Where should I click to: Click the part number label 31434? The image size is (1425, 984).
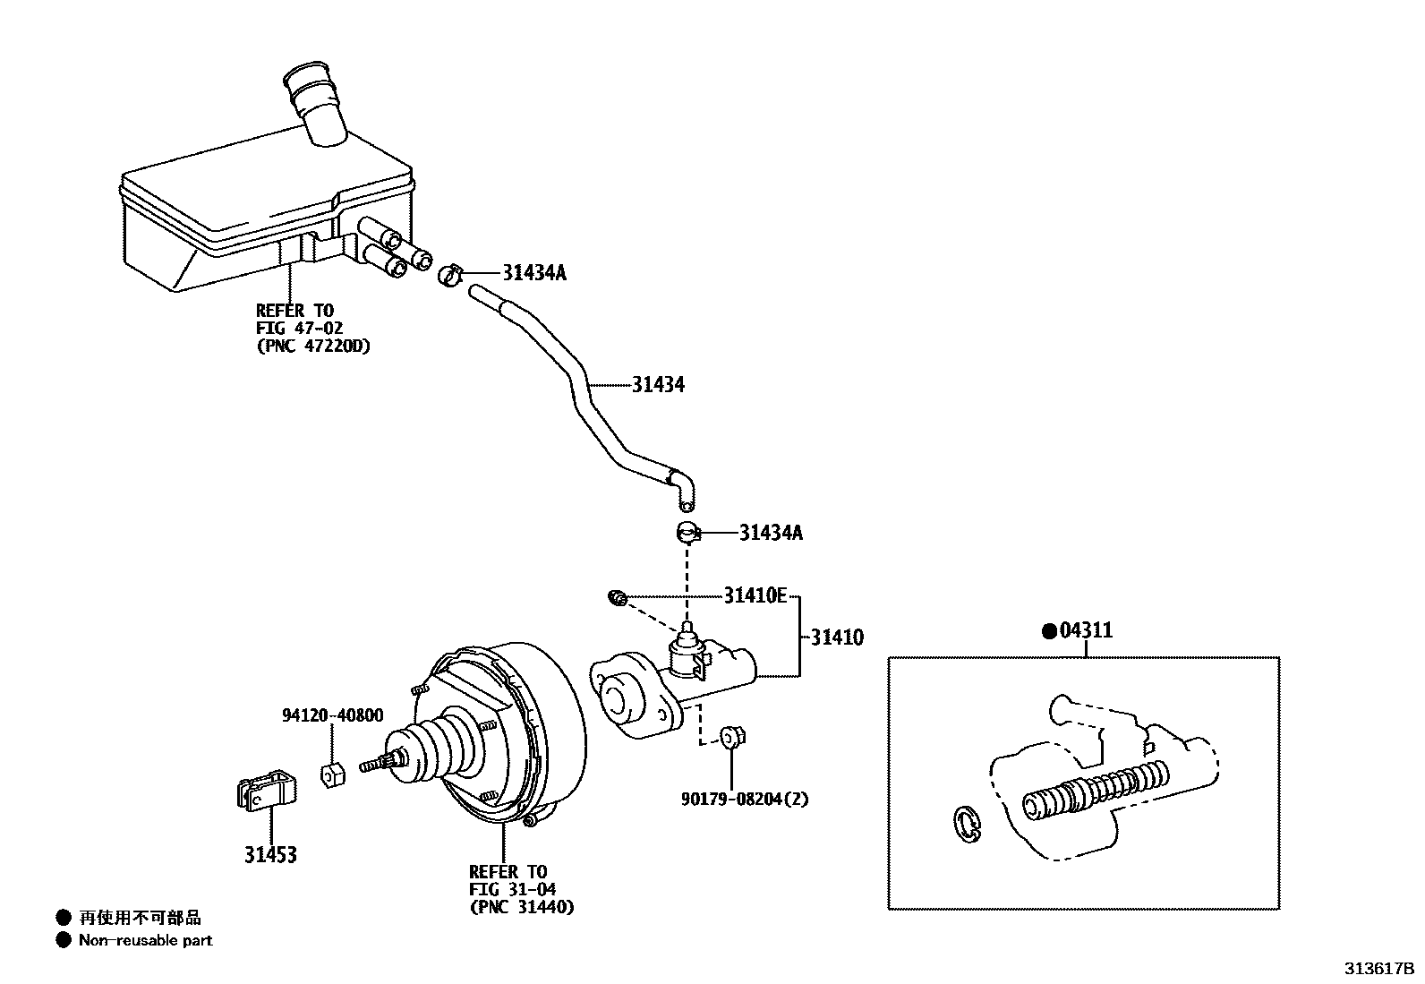(658, 385)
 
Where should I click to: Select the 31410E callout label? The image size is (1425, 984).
(755, 595)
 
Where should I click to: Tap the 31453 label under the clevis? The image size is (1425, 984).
(270, 855)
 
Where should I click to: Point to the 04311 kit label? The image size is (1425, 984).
(1086, 630)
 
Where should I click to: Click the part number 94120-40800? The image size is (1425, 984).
(333, 715)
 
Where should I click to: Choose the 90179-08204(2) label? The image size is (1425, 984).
(745, 799)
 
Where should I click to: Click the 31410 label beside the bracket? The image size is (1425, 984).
(837, 637)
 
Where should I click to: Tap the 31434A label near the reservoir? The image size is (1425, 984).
(534, 273)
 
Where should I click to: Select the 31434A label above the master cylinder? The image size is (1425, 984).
(771, 533)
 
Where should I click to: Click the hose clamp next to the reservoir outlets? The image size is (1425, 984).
(449, 275)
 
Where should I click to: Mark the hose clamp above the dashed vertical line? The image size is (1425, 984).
(687, 532)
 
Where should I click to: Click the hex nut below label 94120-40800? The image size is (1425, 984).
(332, 774)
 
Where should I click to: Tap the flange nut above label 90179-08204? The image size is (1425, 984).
(732, 737)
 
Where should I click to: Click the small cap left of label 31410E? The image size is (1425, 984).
(617, 598)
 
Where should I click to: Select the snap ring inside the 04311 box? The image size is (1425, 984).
(967, 825)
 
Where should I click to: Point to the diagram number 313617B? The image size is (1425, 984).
(1378, 969)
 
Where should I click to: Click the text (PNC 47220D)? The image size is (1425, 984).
(313, 347)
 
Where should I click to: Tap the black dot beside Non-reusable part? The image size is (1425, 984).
(63, 940)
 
